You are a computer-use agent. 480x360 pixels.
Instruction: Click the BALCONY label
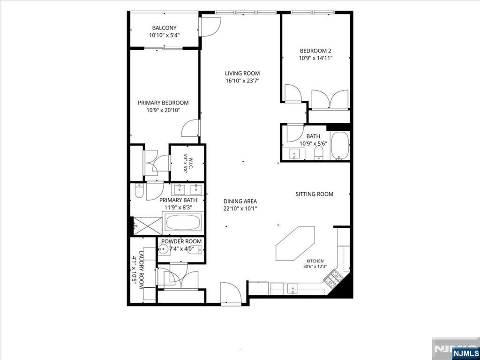click(165, 28)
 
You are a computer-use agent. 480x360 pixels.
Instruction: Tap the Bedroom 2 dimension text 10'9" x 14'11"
click(315, 58)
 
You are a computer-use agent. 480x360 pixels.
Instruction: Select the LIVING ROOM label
click(242, 74)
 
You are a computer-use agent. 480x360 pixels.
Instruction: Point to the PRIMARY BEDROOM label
click(163, 103)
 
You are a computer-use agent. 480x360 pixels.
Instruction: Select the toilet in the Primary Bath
click(139, 190)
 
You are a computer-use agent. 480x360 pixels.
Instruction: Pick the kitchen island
click(295, 244)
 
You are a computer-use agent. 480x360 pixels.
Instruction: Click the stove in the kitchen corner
click(332, 277)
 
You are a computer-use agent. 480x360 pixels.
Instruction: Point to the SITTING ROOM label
click(315, 194)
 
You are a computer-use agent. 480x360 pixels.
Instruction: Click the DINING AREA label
click(240, 202)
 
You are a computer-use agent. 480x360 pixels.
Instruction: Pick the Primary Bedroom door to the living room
click(190, 128)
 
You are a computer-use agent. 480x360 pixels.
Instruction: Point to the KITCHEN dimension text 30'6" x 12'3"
click(315, 266)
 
